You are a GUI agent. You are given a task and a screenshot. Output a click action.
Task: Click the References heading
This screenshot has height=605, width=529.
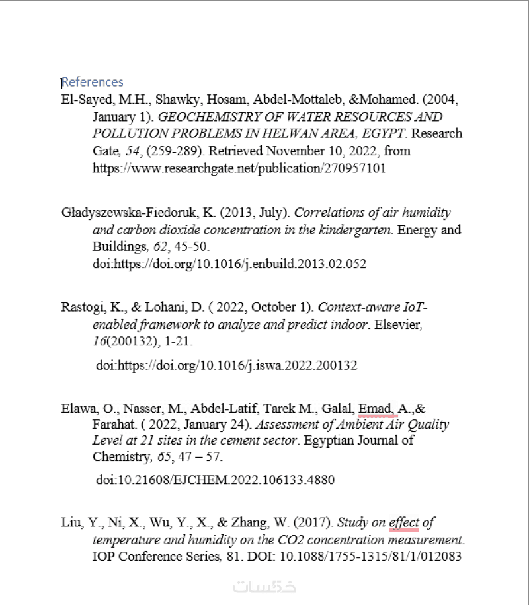click(x=92, y=82)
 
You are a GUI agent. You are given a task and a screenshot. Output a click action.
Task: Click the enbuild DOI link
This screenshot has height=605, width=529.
click(x=229, y=264)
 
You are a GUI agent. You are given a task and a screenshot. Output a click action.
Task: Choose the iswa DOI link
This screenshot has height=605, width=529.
click(x=227, y=365)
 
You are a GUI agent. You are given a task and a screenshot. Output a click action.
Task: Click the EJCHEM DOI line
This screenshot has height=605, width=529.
click(x=216, y=480)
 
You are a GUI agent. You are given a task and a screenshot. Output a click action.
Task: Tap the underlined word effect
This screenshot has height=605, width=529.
click(x=404, y=522)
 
